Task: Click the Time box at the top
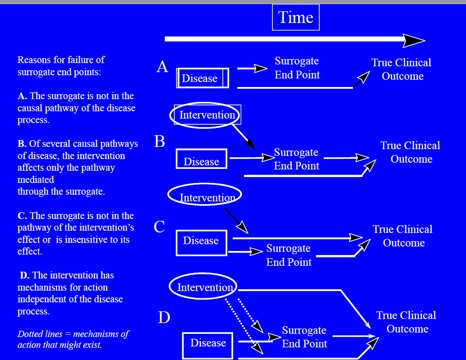(296, 18)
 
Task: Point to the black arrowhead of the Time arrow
(414, 40)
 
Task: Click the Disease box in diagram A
(203, 78)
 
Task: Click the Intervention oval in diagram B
(205, 115)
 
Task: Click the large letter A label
(162, 67)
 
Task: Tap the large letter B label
(159, 141)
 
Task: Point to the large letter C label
(159, 227)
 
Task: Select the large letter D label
(164, 318)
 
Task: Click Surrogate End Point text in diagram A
(297, 68)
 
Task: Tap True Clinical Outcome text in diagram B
(410, 152)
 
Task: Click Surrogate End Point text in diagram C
(289, 255)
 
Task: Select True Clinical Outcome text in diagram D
(406, 322)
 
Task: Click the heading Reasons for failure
(61, 66)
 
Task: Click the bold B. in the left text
(22, 144)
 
